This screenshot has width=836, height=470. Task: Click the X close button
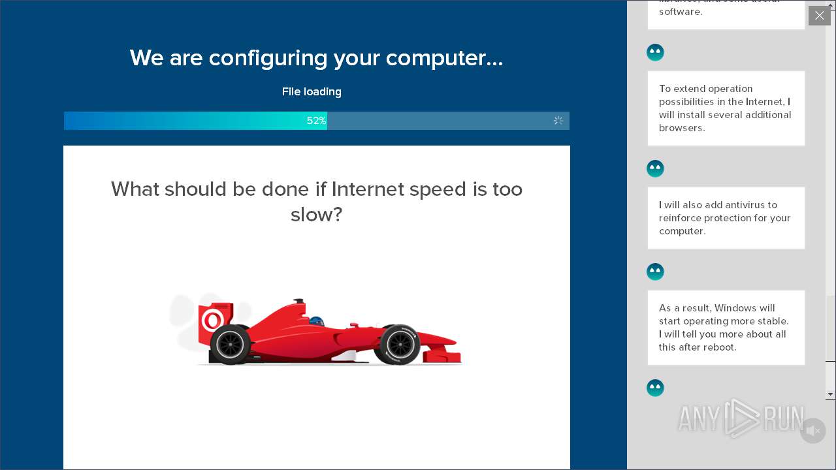point(819,15)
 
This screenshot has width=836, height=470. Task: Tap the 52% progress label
point(316,121)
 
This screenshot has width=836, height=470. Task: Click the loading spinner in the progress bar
point(558,121)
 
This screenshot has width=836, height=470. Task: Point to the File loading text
point(312,92)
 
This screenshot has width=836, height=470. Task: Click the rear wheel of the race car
point(230,344)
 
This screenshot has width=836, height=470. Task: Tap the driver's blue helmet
point(317,322)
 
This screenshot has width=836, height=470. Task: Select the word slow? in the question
point(316,215)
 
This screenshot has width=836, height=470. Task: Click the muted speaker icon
point(812,431)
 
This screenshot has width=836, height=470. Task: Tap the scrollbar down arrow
point(830,394)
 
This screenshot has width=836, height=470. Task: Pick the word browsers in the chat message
point(681,128)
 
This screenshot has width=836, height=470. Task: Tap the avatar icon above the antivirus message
point(655,168)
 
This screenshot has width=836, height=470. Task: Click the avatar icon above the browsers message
point(655,52)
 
